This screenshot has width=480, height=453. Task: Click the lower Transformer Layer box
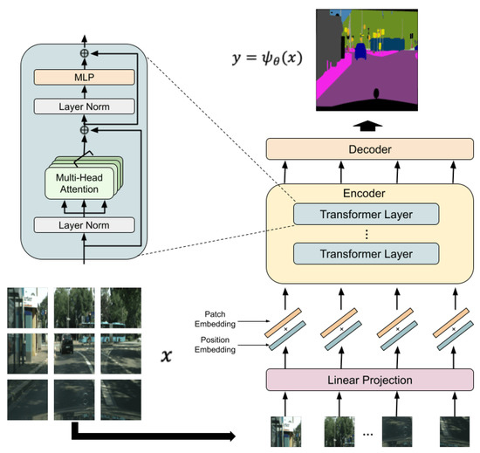tap(366, 255)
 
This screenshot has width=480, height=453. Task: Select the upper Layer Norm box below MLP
tap(86, 107)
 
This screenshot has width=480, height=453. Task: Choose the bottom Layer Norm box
tap(86, 225)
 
